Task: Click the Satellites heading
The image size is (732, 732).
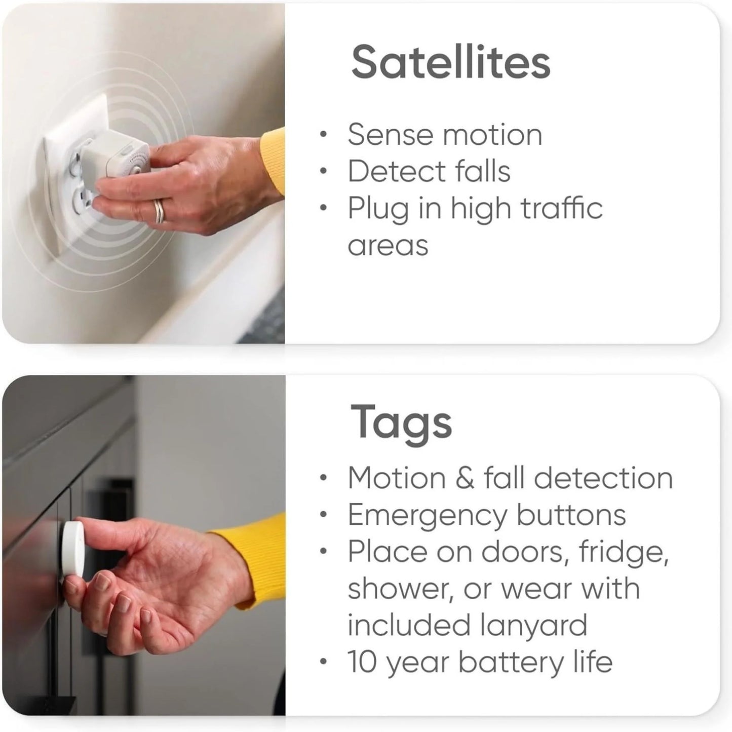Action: point(450,62)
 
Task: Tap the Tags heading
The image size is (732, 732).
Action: point(401,422)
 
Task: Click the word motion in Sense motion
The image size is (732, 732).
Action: point(492,135)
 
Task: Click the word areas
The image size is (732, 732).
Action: point(388,245)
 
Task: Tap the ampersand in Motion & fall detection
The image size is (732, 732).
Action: point(465,478)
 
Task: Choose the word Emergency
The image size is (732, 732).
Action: point(427,515)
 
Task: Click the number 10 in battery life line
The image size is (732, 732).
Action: point(363,662)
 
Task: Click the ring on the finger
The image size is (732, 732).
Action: point(159,211)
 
